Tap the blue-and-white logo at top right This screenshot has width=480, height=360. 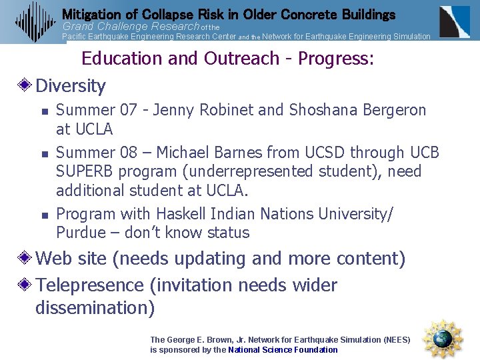pos(454,21)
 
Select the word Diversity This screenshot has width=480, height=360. pos(71,86)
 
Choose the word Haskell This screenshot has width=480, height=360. pos(181,214)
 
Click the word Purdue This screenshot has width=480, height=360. pos(81,233)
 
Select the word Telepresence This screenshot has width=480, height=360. pos(90,285)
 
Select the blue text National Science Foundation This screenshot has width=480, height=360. pos(283,349)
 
